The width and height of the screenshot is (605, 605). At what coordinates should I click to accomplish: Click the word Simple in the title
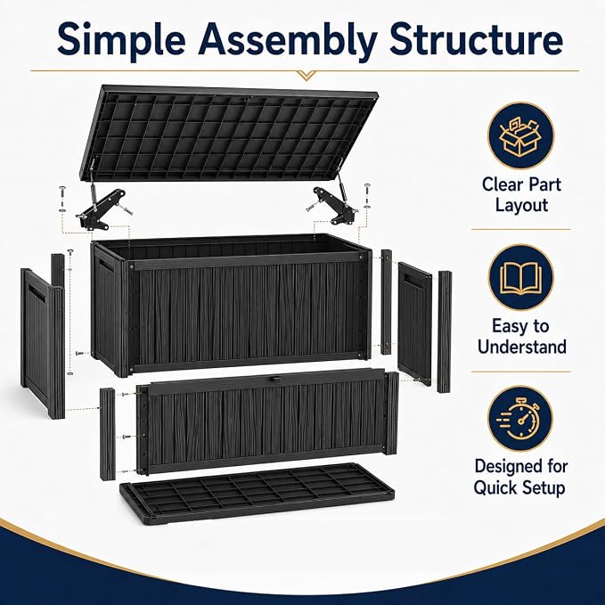click(121, 38)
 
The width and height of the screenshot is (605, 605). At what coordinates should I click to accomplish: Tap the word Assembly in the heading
click(287, 40)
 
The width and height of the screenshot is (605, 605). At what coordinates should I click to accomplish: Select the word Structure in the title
click(476, 38)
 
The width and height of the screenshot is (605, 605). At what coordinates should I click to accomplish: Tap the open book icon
click(521, 278)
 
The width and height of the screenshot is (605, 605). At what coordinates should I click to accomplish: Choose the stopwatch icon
click(519, 419)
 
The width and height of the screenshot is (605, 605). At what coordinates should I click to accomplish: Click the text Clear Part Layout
click(521, 194)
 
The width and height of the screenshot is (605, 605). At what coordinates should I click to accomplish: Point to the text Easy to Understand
click(521, 337)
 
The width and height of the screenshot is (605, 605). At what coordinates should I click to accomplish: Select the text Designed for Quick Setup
click(520, 477)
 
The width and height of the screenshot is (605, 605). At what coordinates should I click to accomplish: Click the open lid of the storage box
click(227, 133)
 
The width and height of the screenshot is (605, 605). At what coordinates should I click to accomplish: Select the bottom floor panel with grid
click(258, 493)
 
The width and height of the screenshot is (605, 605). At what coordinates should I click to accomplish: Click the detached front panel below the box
click(266, 421)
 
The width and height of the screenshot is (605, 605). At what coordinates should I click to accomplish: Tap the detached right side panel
click(415, 323)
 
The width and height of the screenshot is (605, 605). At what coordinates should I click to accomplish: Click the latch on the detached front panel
click(274, 380)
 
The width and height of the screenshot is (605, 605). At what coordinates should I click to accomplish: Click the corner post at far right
click(444, 331)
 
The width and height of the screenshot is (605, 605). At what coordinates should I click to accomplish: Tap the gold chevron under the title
click(306, 75)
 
